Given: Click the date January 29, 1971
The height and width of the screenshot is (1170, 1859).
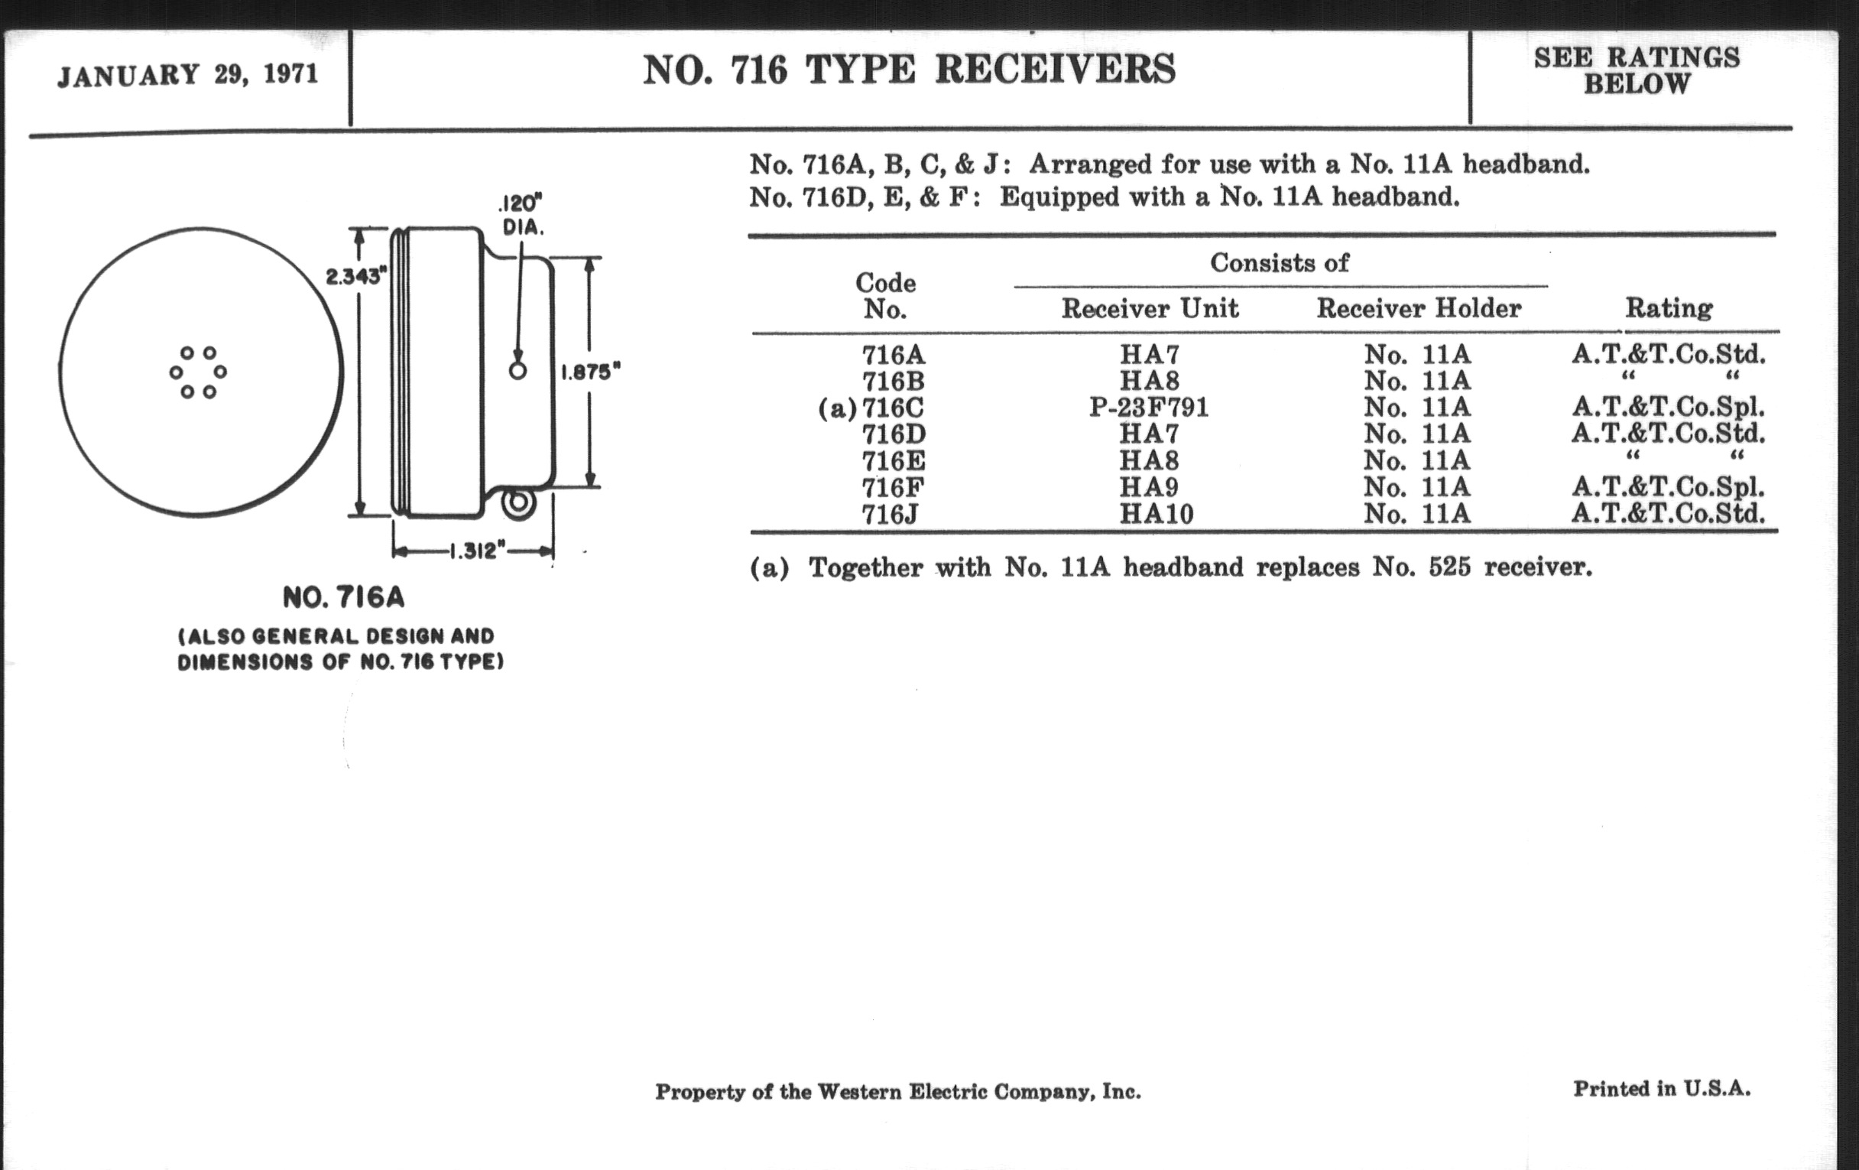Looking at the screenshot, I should click(187, 75).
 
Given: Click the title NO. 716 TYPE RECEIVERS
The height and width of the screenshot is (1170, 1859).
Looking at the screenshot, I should click(909, 70).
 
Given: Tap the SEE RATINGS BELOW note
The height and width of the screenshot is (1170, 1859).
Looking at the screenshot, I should click(1637, 70).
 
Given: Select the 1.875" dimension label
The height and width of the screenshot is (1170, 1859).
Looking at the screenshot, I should click(590, 372).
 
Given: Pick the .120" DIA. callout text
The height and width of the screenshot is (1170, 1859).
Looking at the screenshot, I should click(522, 216).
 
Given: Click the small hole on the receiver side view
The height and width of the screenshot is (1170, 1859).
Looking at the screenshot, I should click(518, 371).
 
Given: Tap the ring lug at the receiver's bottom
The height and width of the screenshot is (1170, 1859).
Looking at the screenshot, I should click(519, 502).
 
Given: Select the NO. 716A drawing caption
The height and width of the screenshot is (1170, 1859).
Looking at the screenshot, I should click(343, 597).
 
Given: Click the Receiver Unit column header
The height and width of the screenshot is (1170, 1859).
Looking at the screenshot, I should click(1150, 309).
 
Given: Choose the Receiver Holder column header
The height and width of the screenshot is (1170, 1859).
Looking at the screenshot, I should click(1418, 309).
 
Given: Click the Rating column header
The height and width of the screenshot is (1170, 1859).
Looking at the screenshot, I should click(1669, 309).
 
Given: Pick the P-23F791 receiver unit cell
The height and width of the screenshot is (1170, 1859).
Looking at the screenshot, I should click(1149, 407).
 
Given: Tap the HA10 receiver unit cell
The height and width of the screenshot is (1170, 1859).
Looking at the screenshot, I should click(1156, 514).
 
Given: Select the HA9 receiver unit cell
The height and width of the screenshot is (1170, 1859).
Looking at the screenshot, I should click(1150, 486).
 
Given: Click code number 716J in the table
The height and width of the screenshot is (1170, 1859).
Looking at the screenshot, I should click(890, 514).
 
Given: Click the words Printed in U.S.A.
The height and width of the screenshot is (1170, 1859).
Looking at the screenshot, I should click(1661, 1089).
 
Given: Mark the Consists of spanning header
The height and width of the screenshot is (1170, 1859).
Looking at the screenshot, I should click(1280, 263).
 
